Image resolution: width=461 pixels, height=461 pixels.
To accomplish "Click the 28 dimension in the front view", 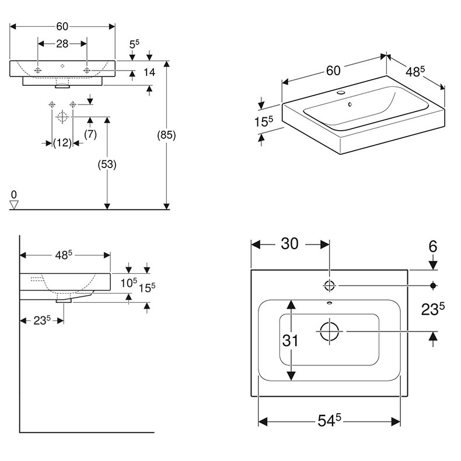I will tap(62, 44).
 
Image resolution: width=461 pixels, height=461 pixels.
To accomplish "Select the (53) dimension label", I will tap(107, 165).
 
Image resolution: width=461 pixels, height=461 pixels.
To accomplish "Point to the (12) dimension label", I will tap(62, 142).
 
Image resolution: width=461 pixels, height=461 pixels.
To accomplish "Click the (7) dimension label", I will tap(90, 134).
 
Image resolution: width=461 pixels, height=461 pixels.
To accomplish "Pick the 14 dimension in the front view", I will tap(149, 72).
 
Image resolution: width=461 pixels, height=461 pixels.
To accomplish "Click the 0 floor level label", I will tap(14, 194).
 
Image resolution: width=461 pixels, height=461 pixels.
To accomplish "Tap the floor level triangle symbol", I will tap(15, 204).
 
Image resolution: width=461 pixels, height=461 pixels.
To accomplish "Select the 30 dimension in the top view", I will tap(289, 243).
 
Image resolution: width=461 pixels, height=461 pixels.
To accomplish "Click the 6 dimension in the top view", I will tap(432, 246).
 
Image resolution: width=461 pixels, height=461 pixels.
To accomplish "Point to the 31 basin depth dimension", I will tap(290, 340).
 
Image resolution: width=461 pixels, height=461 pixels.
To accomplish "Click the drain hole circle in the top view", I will tap(329, 331).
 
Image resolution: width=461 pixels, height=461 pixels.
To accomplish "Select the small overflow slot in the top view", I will tap(329, 303).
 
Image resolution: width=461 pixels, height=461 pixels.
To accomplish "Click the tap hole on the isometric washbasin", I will tap(340, 93).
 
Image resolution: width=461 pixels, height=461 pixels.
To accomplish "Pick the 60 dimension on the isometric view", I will tap(333, 71).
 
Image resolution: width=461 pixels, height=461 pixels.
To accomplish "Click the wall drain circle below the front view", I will tap(62, 117).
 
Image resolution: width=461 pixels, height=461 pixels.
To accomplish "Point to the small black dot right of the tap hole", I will tap(433, 285).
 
